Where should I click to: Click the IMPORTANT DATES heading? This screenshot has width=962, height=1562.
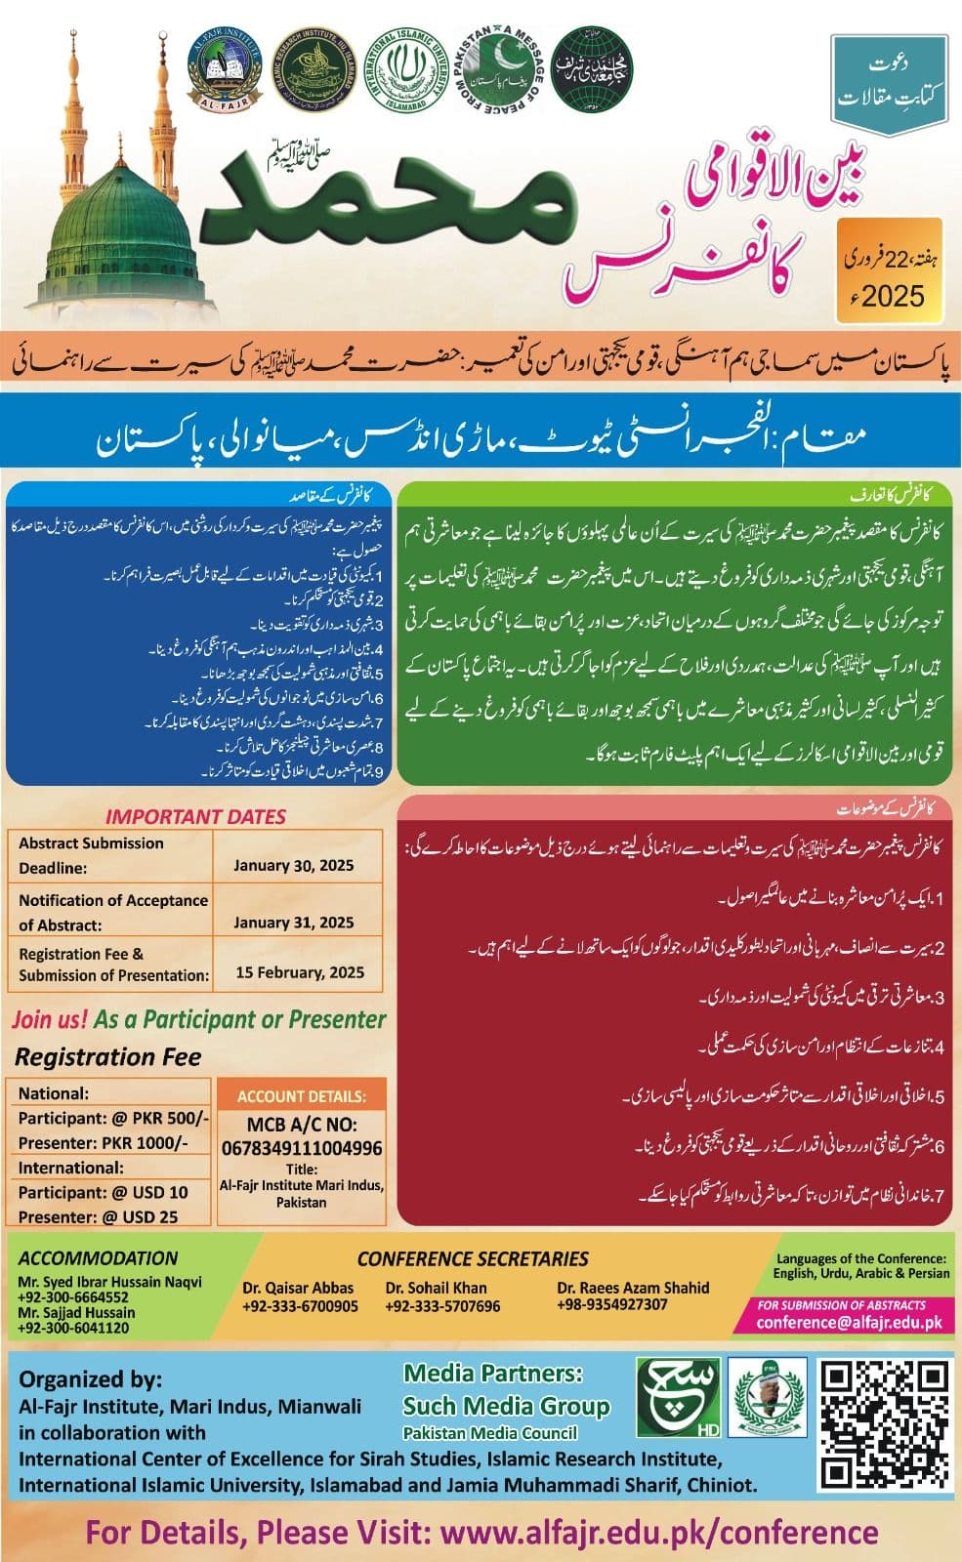tap(195, 817)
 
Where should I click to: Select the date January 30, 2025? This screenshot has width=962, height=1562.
tap(294, 865)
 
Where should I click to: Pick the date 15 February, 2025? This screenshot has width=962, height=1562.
tap(300, 972)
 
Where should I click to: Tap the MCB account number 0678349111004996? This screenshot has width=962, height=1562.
tap(302, 1148)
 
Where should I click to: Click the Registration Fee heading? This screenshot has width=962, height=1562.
tap(107, 1056)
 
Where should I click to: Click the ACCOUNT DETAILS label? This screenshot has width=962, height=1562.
tap(302, 1096)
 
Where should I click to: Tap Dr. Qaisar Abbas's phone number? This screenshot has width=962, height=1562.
tap(300, 1306)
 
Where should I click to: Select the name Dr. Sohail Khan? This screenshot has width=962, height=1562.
tap(436, 1288)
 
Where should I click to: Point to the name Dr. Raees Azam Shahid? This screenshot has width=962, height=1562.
tap(633, 1288)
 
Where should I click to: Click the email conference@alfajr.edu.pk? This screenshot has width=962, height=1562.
tap(850, 1323)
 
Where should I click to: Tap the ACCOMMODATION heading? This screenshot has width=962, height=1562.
tap(98, 1258)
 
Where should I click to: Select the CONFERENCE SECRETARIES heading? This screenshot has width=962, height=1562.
tap(473, 1259)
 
